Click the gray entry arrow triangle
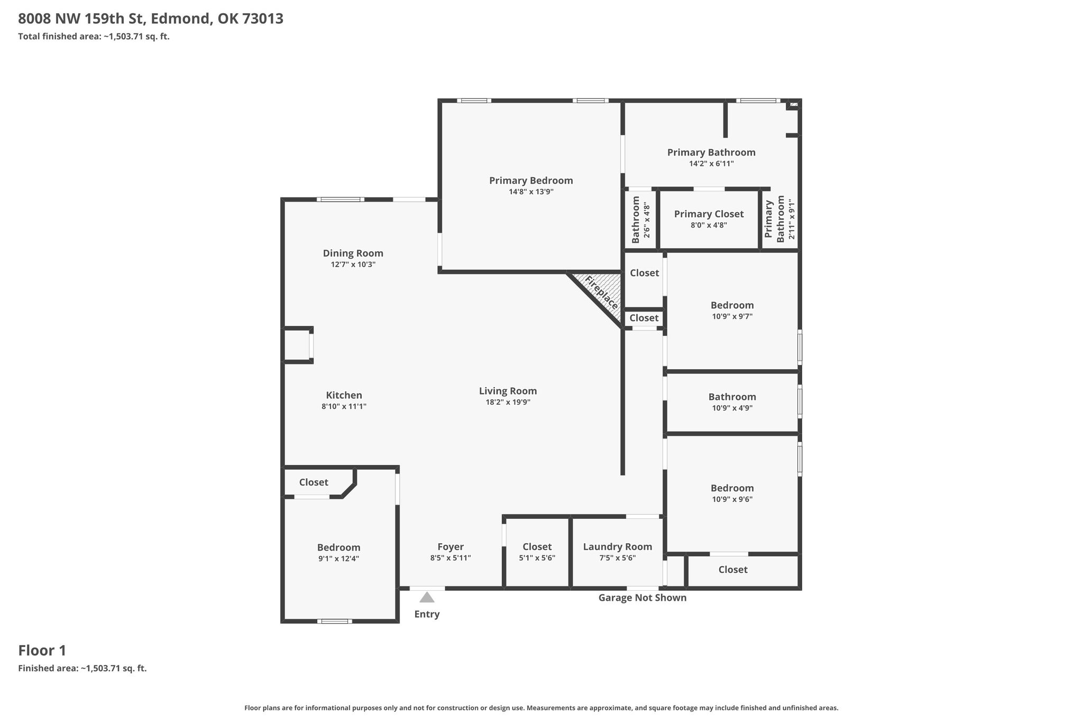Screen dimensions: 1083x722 [427, 597]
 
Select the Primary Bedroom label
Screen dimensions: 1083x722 [531, 180]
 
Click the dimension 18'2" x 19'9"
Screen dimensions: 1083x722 [508, 402]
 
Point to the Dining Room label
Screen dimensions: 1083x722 [353, 253]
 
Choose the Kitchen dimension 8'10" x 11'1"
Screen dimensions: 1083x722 [344, 406]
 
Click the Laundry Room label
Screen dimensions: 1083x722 [618, 547]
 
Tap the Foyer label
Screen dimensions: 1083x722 [451, 547]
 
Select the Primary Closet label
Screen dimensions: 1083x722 [709, 214]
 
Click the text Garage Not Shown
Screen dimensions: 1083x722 [643, 598]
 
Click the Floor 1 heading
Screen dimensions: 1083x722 [42, 650]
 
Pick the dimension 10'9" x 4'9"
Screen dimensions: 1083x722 [732, 408]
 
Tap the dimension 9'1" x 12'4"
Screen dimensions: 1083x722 [338, 559]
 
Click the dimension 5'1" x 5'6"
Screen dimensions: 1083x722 [537, 558]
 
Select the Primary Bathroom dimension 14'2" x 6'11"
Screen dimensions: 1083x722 [711, 163]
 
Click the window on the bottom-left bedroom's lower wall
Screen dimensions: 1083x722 [335, 621]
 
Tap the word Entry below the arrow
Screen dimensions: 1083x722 [427, 614]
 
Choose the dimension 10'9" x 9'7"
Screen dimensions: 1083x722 [732, 316]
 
